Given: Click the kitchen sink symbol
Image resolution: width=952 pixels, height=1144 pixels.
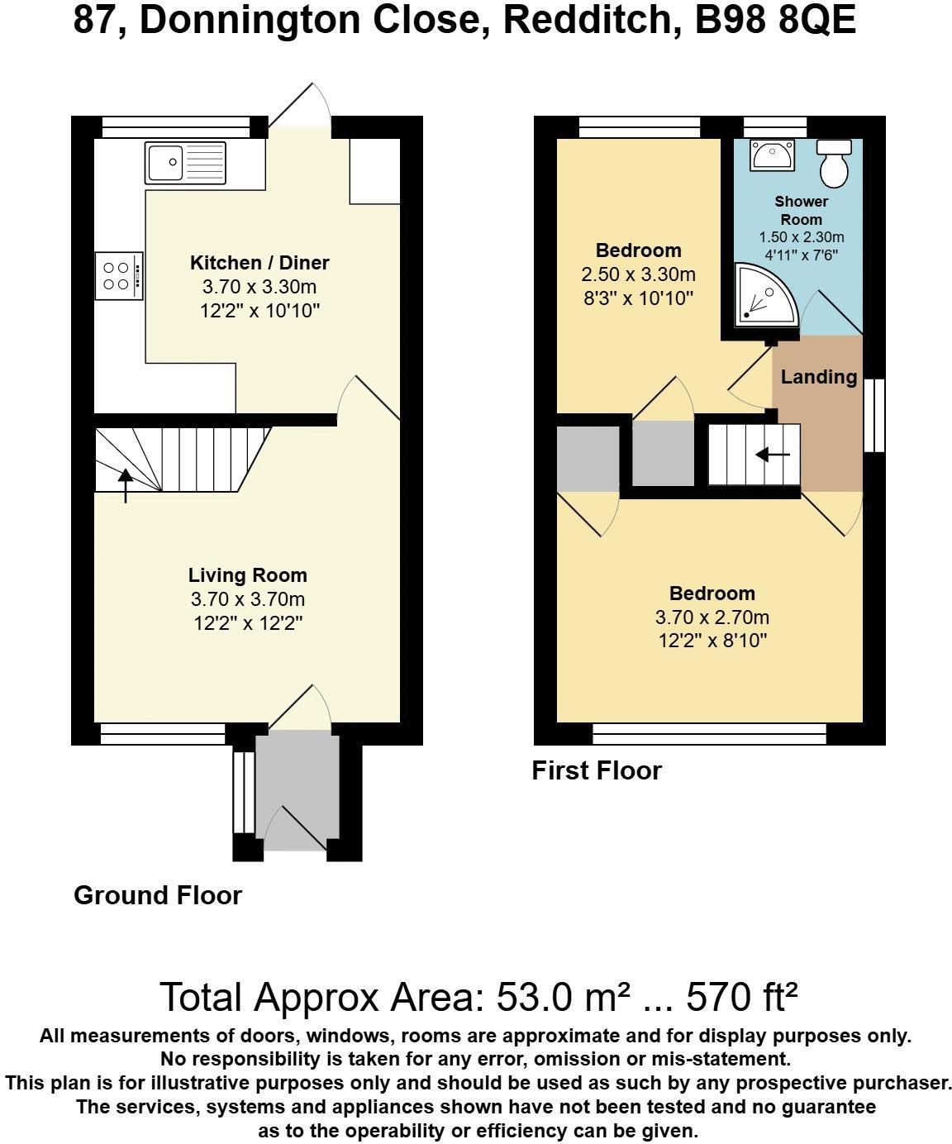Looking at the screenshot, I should pos(185,162).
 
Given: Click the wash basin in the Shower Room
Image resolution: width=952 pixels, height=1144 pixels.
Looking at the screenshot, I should pos(772,155).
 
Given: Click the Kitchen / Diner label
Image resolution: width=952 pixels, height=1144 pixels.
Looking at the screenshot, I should pos(259,263).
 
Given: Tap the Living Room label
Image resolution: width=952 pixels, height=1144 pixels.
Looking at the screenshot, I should pos(247,575).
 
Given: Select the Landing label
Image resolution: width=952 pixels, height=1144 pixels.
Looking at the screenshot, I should pos(818,377).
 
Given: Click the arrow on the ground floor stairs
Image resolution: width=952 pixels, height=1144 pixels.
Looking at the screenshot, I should pos(126,485).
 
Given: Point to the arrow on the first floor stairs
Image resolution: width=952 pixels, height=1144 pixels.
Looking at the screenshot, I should pos(773,455).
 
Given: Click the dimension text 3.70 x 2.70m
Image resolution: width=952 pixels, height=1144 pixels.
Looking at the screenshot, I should pos(712,617).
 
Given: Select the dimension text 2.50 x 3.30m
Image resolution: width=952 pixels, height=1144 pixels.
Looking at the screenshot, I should pos(638,274).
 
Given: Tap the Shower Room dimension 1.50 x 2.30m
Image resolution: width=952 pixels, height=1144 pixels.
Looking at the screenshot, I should pos(801,238).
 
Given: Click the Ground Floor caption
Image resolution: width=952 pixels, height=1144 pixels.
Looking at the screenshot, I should pos(158,895).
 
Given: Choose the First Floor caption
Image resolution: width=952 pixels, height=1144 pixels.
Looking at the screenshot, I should pos(597,770).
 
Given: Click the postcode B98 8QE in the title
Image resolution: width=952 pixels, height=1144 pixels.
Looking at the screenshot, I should pos(774,20).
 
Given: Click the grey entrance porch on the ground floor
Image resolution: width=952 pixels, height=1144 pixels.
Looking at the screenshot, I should pos(297,789).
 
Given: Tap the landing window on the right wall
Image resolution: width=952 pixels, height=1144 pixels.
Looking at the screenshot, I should pos(873,415).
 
